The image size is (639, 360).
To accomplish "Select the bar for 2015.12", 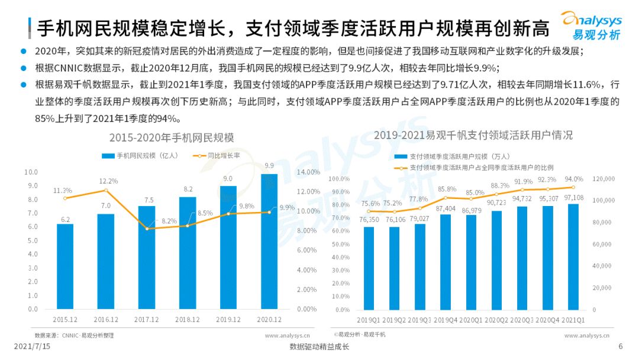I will pos(65,266).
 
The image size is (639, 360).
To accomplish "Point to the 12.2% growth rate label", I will pos(108,181).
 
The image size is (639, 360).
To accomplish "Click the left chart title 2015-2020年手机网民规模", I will pos(172,138).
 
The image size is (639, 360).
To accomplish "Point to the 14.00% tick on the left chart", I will pos(308,172).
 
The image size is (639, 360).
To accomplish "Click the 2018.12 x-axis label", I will pos(188,319).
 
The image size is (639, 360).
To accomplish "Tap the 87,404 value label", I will pos(446,208).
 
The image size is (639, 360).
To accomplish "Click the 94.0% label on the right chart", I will pos(573,179).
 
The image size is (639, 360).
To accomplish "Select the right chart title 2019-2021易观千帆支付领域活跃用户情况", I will pos(473,135).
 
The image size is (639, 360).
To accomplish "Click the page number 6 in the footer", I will pos(621,346).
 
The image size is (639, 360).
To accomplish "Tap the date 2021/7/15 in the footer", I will pos(33,346).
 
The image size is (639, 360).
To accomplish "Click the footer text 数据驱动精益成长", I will pos(319,347).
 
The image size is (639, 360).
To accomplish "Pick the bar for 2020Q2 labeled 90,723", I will pos(496,260).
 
